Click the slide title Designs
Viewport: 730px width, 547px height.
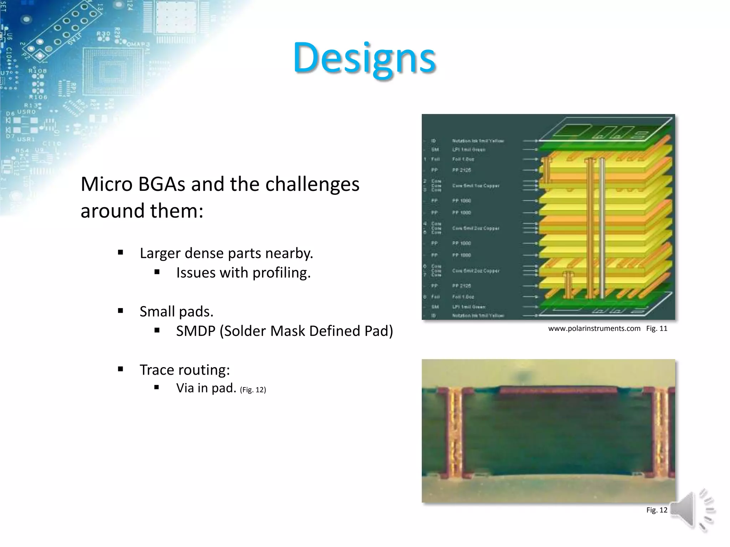364,58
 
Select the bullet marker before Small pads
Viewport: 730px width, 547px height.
120,311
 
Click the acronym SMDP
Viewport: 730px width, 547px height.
195,331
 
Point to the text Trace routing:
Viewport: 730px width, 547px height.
185,370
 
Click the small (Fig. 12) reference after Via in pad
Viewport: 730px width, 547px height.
253,390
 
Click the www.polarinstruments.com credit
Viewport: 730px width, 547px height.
594,329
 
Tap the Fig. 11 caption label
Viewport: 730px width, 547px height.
657,329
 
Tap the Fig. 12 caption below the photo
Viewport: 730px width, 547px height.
657,510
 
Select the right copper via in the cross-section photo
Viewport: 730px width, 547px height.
662,433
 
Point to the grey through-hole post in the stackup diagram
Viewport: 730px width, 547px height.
602,228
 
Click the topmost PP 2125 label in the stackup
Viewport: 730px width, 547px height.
462,170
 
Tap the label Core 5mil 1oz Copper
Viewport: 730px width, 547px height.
475,186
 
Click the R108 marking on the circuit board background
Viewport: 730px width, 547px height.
38,71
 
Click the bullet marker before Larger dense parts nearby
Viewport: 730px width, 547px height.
120,253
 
